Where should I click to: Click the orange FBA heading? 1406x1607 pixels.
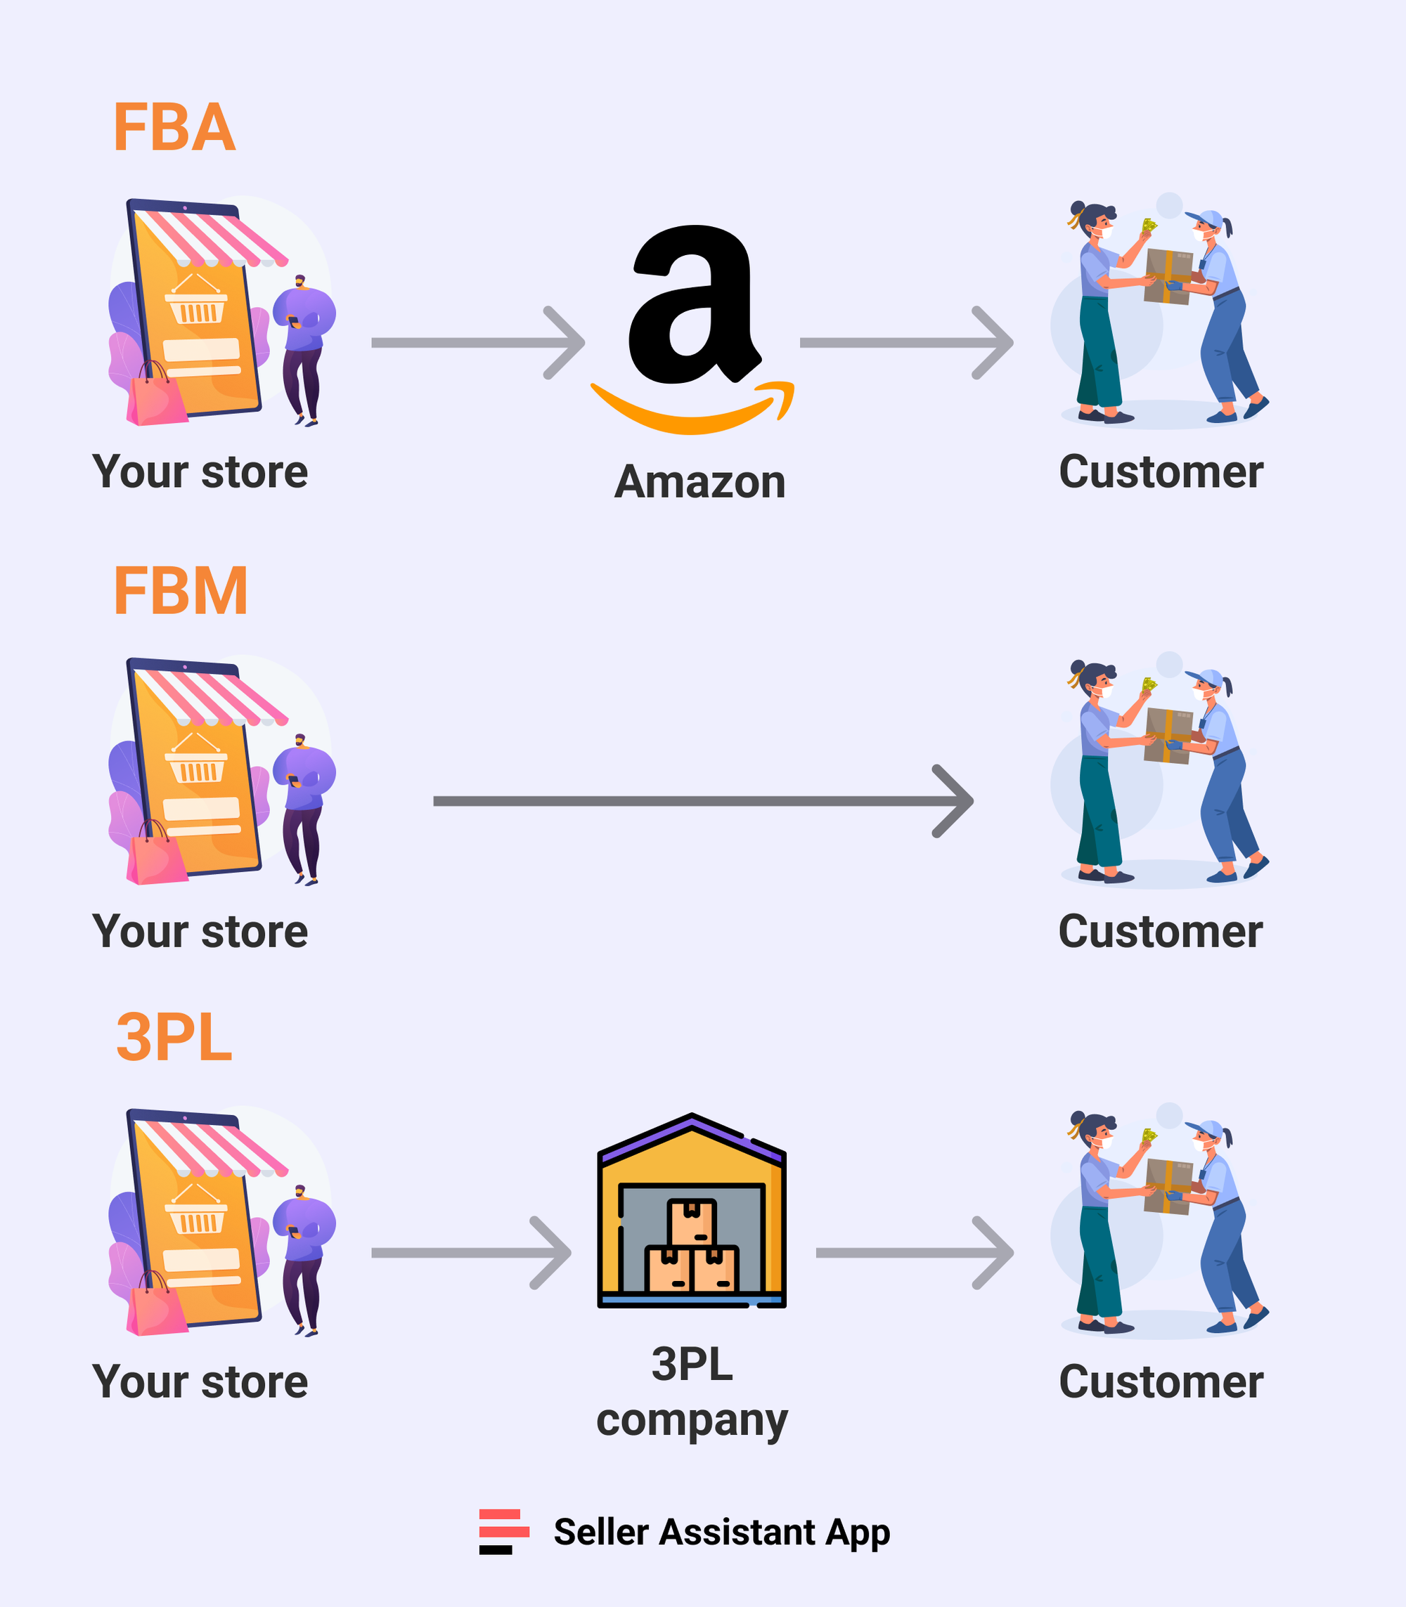[174, 128]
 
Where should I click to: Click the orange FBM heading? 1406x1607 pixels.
[181, 592]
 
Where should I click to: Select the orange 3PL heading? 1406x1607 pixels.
[174, 1038]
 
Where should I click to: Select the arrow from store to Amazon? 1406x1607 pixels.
[479, 343]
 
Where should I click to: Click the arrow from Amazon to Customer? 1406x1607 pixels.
[906, 343]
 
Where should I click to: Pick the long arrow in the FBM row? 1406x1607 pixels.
[702, 801]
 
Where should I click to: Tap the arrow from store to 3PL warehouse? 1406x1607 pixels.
[471, 1252]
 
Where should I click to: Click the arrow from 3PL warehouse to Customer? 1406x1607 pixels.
[914, 1252]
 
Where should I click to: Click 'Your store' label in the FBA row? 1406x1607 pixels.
[200, 472]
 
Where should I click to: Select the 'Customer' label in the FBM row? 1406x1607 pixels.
[1161, 932]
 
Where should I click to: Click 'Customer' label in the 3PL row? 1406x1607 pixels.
[1161, 1382]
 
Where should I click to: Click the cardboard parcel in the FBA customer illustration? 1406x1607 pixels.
[1168, 276]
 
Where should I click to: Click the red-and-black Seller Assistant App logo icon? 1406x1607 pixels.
[503, 1531]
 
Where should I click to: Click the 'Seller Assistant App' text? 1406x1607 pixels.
[722, 1532]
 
